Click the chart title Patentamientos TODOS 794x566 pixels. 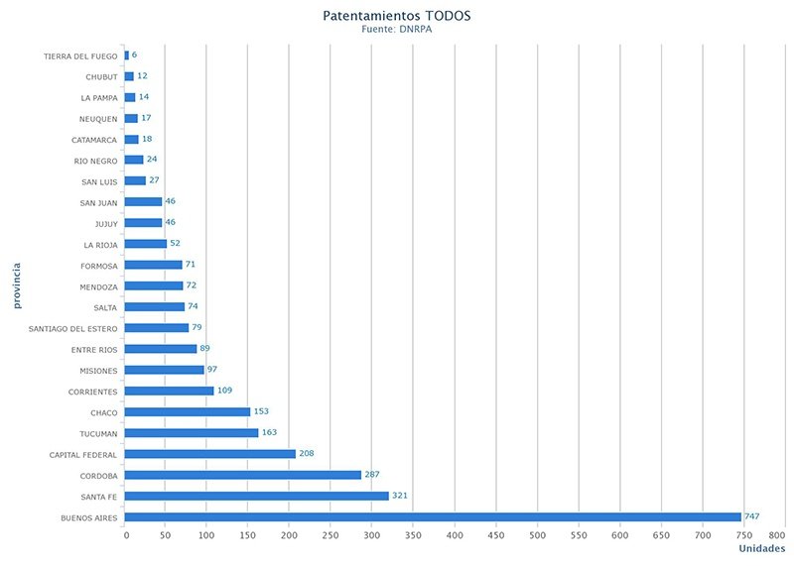tap(397, 16)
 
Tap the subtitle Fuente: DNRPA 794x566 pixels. tap(397, 30)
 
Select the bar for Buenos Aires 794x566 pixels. tap(433, 516)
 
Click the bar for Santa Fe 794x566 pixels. tap(257, 496)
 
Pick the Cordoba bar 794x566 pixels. tap(243, 475)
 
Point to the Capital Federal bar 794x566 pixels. tap(210, 454)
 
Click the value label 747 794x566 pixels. tap(752, 516)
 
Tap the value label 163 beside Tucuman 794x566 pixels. tap(269, 432)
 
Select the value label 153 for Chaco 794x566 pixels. tap(261, 411)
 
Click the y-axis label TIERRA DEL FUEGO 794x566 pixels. tap(80, 56)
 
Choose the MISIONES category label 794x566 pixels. tap(99, 371)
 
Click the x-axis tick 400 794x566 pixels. tap(456, 536)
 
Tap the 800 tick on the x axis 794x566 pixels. tap(777, 536)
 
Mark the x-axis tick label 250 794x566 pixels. tap(331, 536)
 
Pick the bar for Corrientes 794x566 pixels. tap(170, 391)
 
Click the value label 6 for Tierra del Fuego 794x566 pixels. tap(134, 56)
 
